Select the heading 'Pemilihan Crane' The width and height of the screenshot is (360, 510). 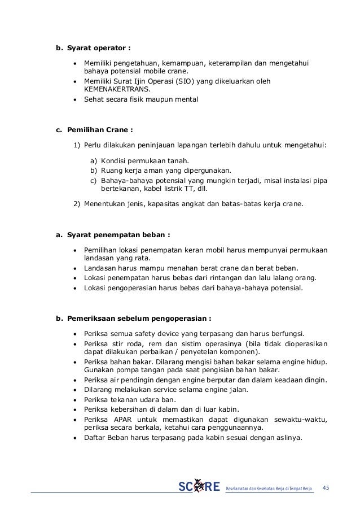tap(98, 128)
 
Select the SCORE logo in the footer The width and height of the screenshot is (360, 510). tap(199, 487)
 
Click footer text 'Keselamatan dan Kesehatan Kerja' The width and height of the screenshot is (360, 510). tap(257, 487)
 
